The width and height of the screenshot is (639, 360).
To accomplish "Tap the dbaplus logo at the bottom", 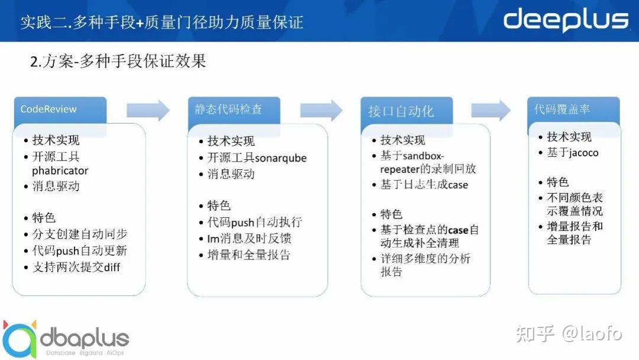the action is coord(65,339).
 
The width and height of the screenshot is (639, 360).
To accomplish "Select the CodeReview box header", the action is coord(60,110).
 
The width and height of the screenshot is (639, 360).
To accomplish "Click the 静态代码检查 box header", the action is coord(234,110).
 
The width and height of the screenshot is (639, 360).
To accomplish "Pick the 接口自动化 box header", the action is coord(406,111).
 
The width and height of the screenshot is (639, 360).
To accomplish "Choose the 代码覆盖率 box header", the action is coord(573,110).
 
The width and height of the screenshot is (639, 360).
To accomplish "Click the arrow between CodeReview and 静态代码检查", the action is coord(148,110).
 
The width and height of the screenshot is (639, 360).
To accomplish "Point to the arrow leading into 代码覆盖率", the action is coord(490,110).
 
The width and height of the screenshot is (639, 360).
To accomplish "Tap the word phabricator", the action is coord(60,171).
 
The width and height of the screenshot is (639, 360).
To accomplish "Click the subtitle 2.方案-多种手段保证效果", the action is coord(118,62).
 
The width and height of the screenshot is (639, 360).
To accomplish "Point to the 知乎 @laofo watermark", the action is coord(569,333).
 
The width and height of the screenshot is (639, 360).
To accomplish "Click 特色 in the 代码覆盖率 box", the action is coord(558,182).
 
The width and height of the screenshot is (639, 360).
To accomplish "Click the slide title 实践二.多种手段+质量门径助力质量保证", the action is coord(162,22).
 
